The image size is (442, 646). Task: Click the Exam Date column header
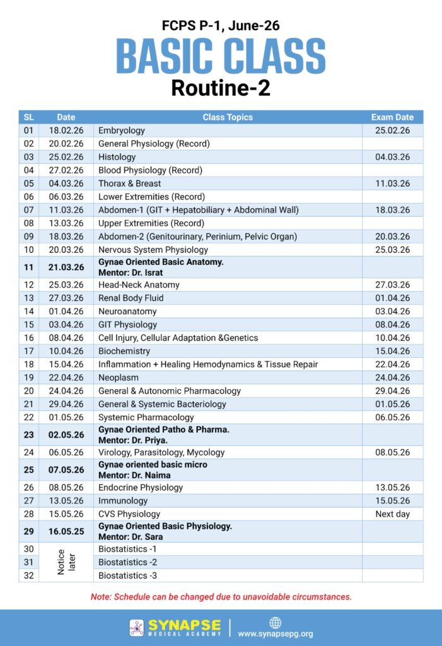pyautogui.click(x=392, y=117)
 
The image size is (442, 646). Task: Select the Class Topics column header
pyautogui.click(x=228, y=117)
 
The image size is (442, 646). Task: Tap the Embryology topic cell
pyautogui.click(x=122, y=131)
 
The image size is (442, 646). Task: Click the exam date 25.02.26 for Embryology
pyautogui.click(x=392, y=131)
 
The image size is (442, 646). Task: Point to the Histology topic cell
pyautogui.click(x=117, y=157)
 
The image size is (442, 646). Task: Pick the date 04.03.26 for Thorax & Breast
pyautogui.click(x=66, y=184)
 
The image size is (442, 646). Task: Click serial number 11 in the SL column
pyautogui.click(x=28, y=267)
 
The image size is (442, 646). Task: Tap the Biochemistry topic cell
pyautogui.click(x=124, y=351)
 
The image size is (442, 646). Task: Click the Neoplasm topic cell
pyautogui.click(x=119, y=378)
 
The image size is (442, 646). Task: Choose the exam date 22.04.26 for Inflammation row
pyautogui.click(x=392, y=365)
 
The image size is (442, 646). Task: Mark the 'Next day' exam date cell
pyautogui.click(x=392, y=514)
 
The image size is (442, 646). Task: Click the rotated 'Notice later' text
pyautogui.click(x=66, y=562)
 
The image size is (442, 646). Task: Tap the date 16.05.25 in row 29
pyautogui.click(x=66, y=532)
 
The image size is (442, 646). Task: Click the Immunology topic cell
pyautogui.click(x=123, y=501)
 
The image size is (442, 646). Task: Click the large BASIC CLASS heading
pyautogui.click(x=221, y=56)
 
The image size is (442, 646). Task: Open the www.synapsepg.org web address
pyautogui.click(x=275, y=633)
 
